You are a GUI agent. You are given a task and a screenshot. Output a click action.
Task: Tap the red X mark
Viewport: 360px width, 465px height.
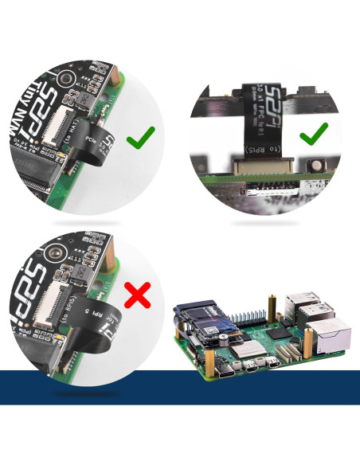click(x=139, y=296)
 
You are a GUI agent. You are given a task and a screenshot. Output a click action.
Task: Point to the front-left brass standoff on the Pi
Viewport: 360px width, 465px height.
click(x=211, y=365)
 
